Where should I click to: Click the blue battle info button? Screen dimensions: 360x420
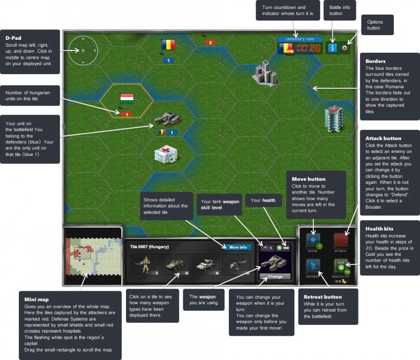[x=332, y=48]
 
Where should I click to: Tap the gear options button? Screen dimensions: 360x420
[x=344, y=48]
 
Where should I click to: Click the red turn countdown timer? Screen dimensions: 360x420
[x=309, y=48]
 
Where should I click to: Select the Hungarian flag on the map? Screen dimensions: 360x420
[x=127, y=98]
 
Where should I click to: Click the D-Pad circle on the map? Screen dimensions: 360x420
[x=82, y=50]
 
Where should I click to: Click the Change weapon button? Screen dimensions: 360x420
[x=275, y=276]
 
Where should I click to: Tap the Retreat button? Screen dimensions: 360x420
[x=313, y=267]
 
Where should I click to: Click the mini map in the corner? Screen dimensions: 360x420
[x=91, y=255]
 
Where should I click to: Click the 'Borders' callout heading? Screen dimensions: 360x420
[x=375, y=61]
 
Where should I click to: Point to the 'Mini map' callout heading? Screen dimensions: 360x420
[x=35, y=299]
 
